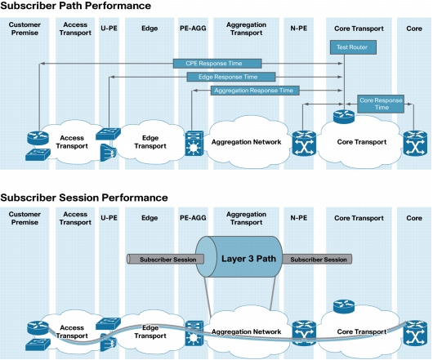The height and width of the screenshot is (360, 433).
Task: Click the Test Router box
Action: point(353,47)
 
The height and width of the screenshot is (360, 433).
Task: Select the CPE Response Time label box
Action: point(217,64)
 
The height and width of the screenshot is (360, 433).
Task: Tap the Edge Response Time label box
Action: point(231,77)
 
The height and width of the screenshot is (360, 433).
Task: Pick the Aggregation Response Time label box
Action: point(255,91)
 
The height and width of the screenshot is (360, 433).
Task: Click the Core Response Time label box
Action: point(381,104)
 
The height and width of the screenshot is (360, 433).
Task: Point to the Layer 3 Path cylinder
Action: point(239,256)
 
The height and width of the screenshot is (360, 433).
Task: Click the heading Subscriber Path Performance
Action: point(76,6)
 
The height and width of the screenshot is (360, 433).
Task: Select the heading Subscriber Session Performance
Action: point(84,198)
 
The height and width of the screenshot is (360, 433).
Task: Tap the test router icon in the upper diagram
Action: point(344,117)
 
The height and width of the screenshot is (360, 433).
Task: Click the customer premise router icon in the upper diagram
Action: point(38,138)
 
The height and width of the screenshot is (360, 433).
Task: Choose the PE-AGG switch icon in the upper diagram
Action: point(194,144)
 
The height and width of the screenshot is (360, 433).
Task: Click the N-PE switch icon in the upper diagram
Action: point(304,144)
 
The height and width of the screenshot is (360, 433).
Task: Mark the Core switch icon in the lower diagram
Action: point(415,333)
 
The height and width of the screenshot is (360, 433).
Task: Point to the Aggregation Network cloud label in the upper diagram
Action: point(247,142)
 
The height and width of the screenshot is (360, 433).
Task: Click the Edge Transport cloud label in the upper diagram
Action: point(150,142)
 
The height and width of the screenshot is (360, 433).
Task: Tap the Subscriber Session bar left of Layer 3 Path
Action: point(165,260)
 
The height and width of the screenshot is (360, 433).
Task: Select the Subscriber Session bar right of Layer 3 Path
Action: point(317,260)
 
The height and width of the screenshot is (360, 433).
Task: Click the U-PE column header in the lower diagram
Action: point(109,218)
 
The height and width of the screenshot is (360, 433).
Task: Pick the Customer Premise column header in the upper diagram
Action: point(25,29)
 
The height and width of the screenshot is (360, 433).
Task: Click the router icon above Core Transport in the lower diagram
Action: point(344,306)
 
